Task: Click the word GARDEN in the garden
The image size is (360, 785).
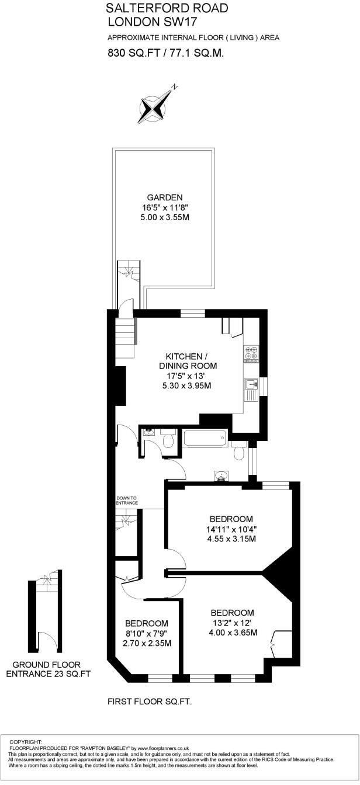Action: pos(165,197)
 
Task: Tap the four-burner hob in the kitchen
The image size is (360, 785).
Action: pos(252,354)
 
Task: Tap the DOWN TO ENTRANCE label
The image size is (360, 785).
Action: pos(126,501)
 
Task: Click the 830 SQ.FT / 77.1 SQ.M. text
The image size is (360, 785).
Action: pos(166,53)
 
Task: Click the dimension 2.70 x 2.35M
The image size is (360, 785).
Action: pos(147,644)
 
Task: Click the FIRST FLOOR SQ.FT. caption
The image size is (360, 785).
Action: pos(150,700)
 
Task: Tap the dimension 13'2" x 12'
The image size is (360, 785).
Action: pos(233,623)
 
